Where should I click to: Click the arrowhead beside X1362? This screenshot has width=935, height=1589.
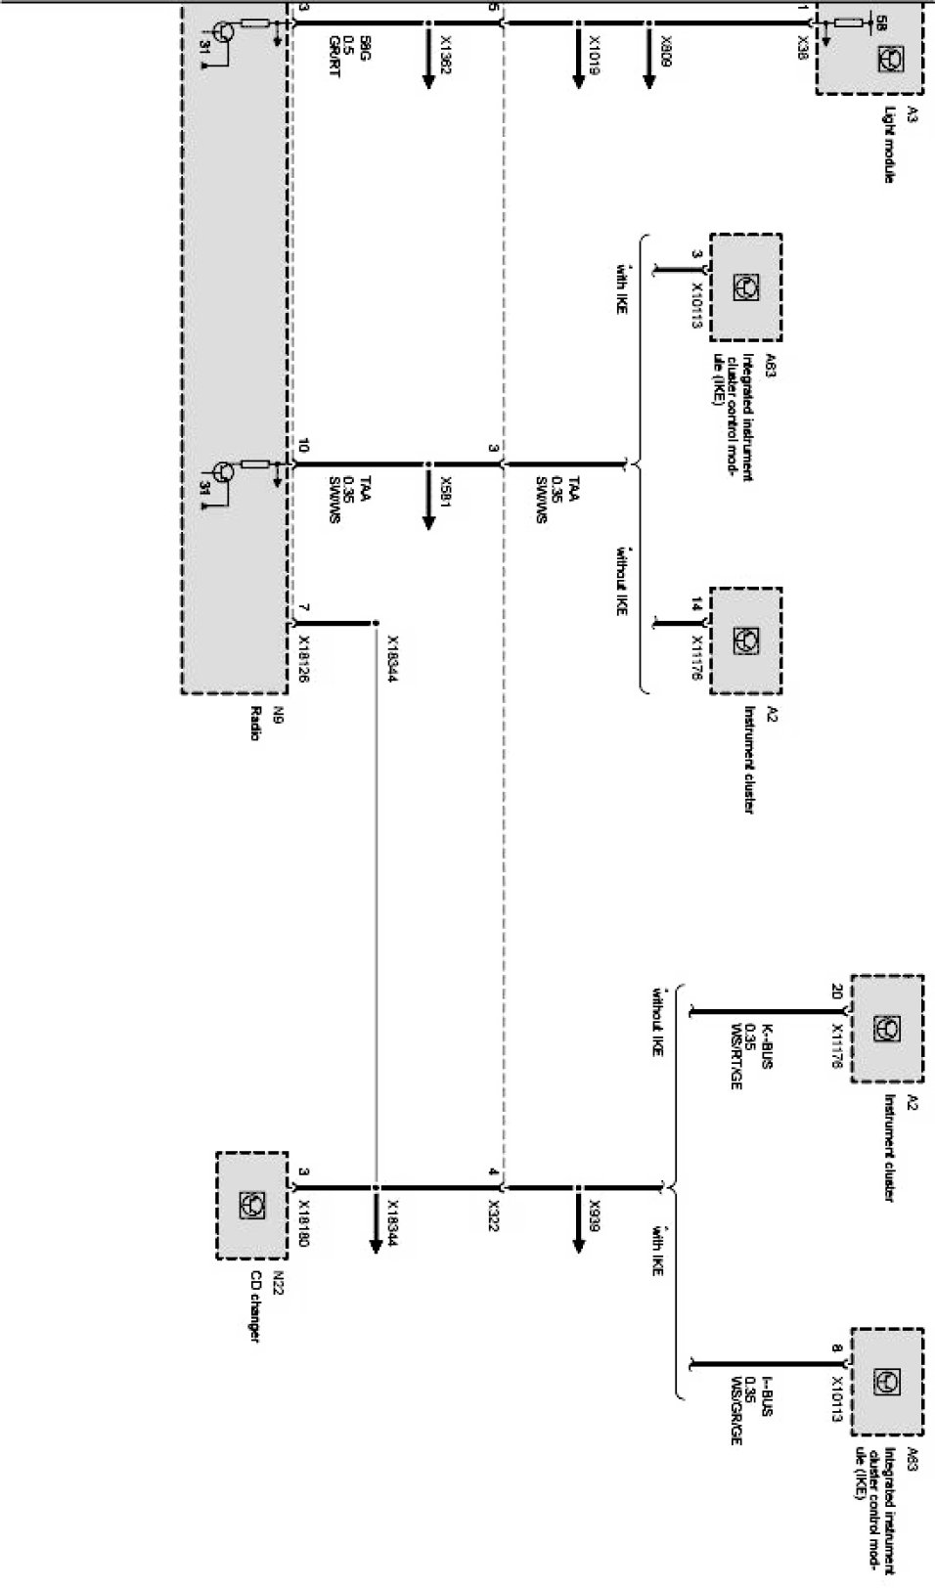(427, 82)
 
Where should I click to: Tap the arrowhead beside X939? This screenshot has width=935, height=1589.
(577, 1242)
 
